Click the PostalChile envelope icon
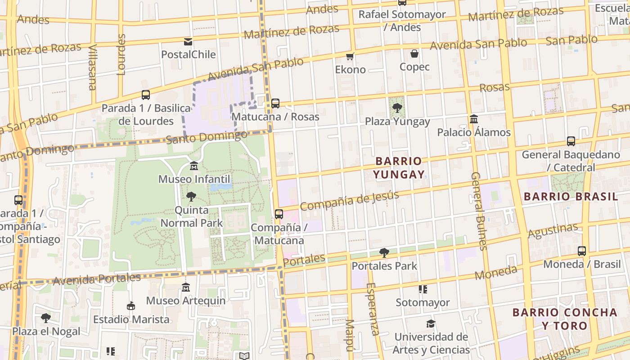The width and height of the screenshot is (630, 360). tap(188, 42)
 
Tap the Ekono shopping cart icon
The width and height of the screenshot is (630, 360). tap(350, 57)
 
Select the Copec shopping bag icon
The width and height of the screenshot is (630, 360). tap(414, 54)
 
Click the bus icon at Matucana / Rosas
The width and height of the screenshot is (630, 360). tap(275, 103)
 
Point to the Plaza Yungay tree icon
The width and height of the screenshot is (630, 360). tap(397, 108)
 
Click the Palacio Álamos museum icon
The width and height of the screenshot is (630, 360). tap(474, 119)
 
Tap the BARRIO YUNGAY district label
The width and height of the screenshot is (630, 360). tap(399, 167)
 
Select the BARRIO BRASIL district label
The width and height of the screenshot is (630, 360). tap(571, 196)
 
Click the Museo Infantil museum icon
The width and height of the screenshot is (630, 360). tap(194, 166)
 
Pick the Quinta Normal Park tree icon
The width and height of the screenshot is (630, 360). tap(191, 197)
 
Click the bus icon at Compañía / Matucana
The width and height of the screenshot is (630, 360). tap(279, 214)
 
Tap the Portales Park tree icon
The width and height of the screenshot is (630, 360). tap(384, 252)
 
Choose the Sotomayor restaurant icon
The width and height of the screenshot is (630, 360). tap(423, 289)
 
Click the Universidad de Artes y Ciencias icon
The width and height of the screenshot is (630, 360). tap(431, 324)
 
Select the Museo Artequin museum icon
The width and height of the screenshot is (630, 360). tap(185, 287)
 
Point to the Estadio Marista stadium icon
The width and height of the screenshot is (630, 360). tap(131, 306)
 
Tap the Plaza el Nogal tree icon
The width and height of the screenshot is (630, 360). tap(45, 318)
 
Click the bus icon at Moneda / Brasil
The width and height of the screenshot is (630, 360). tap(582, 251)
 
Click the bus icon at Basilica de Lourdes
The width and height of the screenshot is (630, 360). tap(146, 95)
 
